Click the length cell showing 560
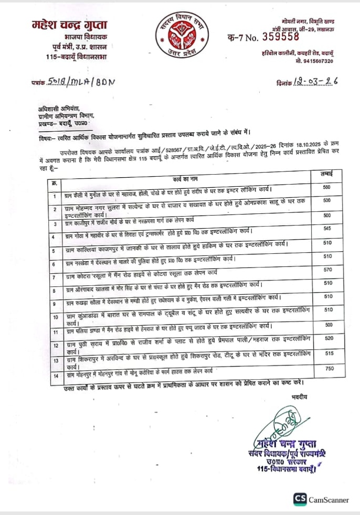[326, 187]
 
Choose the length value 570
[326, 270]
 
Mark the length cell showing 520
[326, 339]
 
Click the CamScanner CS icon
[300, 499]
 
